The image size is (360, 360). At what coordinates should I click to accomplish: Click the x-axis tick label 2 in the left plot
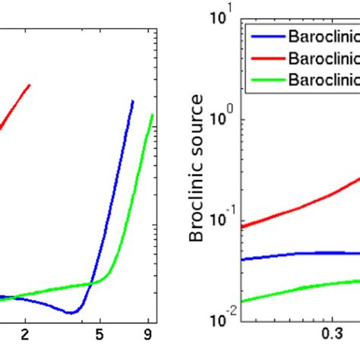click(x=25, y=333)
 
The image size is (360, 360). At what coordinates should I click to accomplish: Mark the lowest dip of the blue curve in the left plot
click(x=71, y=312)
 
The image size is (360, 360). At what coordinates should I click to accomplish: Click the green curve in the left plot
click(x=122, y=228)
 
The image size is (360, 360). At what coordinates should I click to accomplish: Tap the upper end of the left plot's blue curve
click(x=133, y=101)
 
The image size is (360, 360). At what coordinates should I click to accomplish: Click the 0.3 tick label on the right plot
click(x=330, y=333)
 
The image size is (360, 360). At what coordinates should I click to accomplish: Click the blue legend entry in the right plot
click(x=319, y=36)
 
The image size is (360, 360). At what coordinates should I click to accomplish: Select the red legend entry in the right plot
click(x=319, y=57)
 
